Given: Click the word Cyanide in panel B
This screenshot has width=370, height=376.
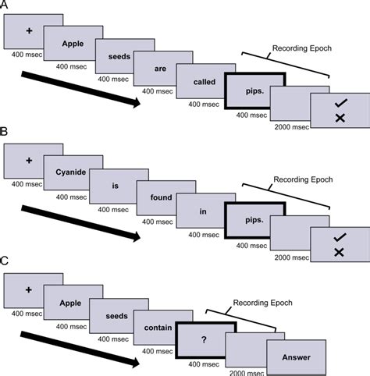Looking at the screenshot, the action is click(x=71, y=172).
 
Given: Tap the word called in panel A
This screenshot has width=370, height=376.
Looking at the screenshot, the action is click(x=205, y=82).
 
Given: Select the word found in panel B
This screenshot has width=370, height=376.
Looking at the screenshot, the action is click(x=161, y=197).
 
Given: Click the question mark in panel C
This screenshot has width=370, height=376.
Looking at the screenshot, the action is click(x=204, y=339).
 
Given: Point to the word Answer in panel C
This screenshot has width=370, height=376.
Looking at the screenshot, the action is click(x=297, y=357).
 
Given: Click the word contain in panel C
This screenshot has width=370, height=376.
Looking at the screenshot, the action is click(x=158, y=328).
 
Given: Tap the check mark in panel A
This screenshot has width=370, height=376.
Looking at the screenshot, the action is click(x=341, y=103).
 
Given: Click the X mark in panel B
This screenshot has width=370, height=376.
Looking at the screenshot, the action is click(x=339, y=252).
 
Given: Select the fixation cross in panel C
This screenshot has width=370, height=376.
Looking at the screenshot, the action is click(x=29, y=289).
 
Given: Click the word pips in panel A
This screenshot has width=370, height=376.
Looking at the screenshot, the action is click(x=254, y=91).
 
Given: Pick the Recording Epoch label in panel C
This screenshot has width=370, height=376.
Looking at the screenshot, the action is click(x=262, y=303).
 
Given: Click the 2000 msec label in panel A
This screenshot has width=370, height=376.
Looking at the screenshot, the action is click(x=292, y=127).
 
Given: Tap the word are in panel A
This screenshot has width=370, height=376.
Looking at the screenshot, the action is click(x=160, y=69).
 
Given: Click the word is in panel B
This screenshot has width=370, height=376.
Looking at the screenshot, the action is click(x=115, y=186).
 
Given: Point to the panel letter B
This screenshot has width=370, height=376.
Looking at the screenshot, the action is click(x=4, y=132).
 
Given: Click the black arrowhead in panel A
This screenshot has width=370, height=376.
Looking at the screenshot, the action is click(x=136, y=103).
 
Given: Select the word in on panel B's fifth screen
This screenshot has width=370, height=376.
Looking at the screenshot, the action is click(x=203, y=211).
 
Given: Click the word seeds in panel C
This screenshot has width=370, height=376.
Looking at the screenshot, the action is click(x=116, y=316).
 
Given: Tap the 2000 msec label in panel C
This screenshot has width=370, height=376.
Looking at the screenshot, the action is click(x=247, y=373).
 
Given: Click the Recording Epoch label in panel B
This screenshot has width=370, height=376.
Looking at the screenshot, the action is click(x=303, y=179).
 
